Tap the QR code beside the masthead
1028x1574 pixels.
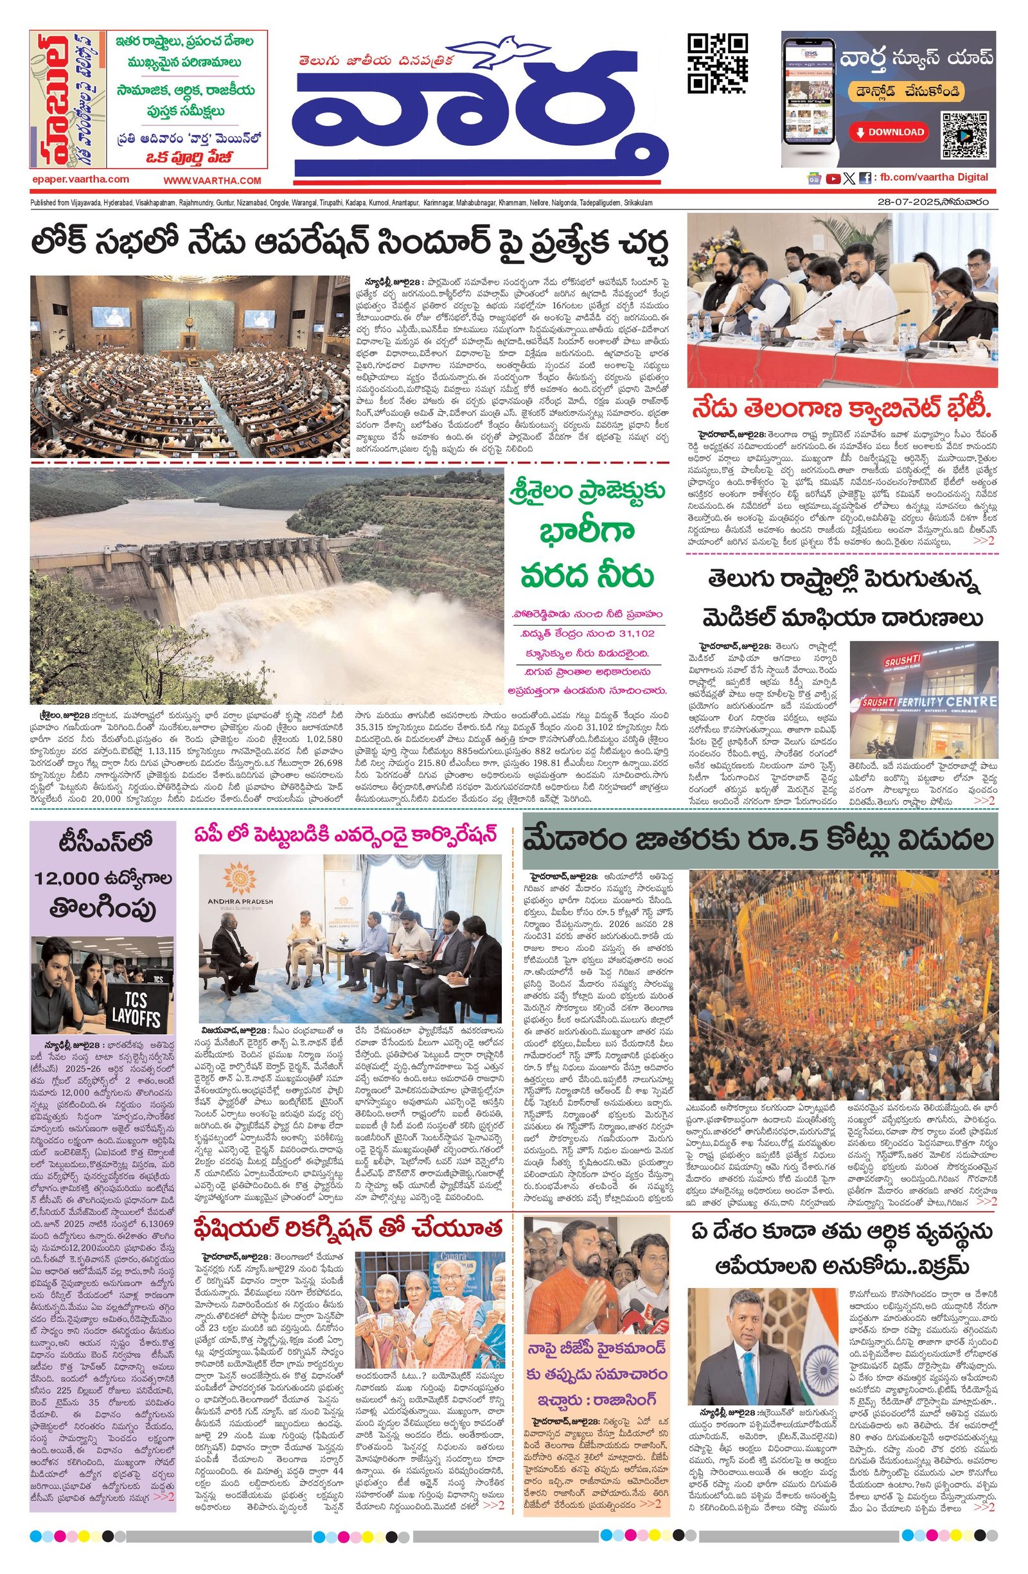(x=717, y=64)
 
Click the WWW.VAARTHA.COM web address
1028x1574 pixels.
(x=213, y=181)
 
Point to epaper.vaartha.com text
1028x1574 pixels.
(x=80, y=179)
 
